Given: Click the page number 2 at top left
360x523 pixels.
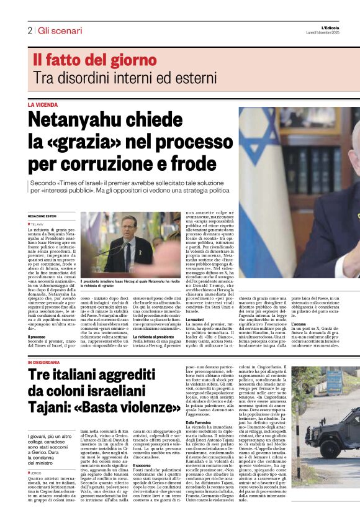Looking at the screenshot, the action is (29, 30).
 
